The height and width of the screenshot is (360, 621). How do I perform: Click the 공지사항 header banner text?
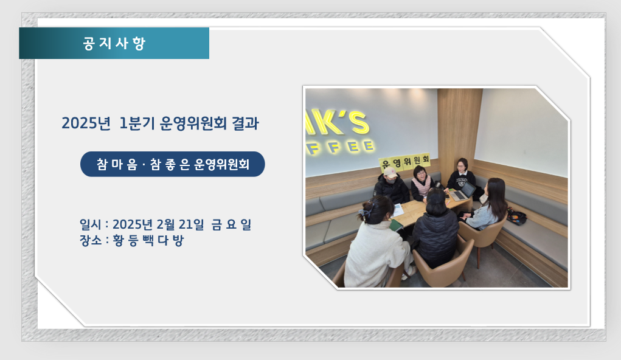tap(114, 43)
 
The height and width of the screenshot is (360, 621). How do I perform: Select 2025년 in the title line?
tap(86, 123)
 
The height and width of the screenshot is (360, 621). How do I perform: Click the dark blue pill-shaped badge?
tap(173, 164)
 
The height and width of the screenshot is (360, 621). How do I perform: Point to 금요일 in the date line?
tap(231, 224)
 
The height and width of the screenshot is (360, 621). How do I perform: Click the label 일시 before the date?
tap(90, 224)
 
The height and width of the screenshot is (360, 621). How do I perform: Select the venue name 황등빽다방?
tap(148, 240)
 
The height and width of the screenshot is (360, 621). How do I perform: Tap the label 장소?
tap(90, 240)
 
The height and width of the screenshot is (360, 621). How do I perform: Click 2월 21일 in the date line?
tap(180, 224)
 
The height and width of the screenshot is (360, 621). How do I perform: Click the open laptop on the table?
tap(463, 192)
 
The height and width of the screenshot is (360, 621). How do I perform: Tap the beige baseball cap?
tap(390, 173)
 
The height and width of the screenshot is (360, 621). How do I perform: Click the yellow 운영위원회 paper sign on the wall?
tap(404, 162)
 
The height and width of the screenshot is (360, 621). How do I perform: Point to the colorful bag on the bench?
tap(516, 216)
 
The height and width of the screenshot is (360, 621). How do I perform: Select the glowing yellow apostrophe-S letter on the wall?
tap(355, 122)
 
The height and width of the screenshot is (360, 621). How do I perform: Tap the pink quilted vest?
tap(421, 186)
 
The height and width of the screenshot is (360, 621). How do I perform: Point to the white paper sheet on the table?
tap(398, 210)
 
